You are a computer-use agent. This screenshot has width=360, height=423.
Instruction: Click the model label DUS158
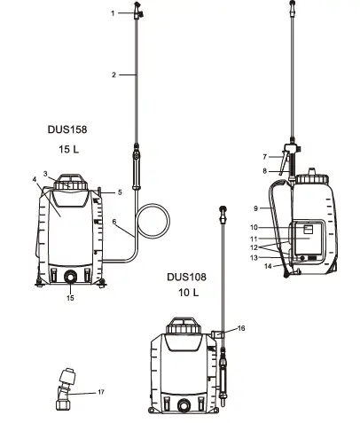click(x=67, y=129)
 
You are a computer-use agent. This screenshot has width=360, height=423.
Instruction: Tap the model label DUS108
click(x=186, y=277)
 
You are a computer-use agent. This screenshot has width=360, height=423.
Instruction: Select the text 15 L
click(x=69, y=149)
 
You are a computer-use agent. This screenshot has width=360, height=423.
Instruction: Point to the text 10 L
click(x=188, y=293)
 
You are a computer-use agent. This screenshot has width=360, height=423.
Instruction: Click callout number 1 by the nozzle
click(x=113, y=13)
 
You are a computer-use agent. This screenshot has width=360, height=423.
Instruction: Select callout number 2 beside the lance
click(x=113, y=75)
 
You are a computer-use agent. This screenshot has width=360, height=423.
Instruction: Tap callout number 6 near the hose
click(x=114, y=222)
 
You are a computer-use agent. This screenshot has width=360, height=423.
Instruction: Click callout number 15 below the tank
click(x=70, y=298)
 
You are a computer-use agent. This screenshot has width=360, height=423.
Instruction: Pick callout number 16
click(x=241, y=328)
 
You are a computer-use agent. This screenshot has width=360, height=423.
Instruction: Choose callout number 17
click(x=101, y=392)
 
